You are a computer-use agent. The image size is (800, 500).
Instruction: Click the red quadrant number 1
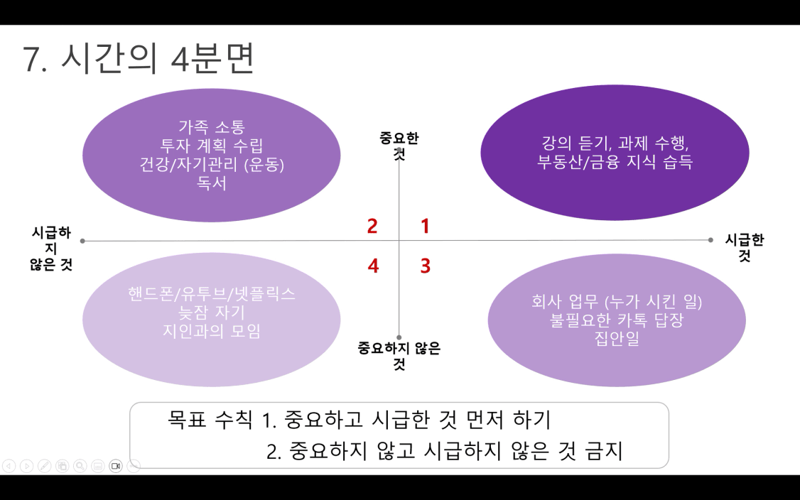point(425,226)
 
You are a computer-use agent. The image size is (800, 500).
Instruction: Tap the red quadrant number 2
point(372,226)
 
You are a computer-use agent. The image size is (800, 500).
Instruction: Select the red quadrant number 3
point(426,266)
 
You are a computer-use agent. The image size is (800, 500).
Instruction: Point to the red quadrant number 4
point(373,266)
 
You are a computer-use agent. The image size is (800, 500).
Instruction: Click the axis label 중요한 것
point(399,146)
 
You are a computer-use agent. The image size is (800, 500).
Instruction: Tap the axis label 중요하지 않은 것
point(399,356)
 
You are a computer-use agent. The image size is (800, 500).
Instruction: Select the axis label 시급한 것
point(745,247)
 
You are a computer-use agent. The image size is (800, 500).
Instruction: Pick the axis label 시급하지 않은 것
point(51,249)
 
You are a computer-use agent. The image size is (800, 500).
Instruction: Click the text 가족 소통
point(212,126)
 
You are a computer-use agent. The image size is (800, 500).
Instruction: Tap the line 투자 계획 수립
point(212,146)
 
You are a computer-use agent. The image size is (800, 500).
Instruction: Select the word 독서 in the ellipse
point(212,183)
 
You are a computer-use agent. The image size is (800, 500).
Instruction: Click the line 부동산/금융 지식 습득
point(615,161)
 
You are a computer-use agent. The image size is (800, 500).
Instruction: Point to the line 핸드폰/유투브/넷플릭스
point(212,293)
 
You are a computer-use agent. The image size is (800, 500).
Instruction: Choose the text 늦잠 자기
point(212,312)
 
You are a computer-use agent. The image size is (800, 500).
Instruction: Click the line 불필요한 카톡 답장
point(617,320)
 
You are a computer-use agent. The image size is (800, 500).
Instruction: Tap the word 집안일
point(617,338)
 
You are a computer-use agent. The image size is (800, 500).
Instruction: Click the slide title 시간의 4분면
point(157,59)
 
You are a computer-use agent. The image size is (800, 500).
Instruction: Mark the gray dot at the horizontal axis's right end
point(710,240)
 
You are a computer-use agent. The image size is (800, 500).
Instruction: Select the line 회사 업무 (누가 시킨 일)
point(617,302)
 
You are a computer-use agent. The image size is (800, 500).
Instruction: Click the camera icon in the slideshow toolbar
point(116,466)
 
